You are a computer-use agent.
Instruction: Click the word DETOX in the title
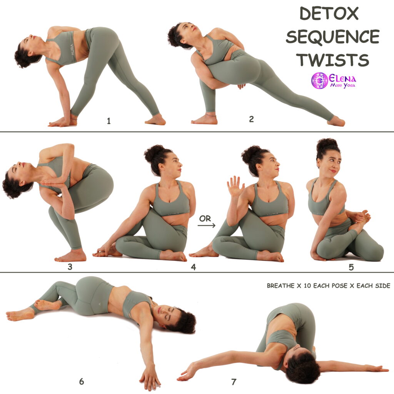click(329, 13)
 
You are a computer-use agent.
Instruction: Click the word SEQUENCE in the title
click(332, 37)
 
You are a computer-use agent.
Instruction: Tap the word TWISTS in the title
click(332, 60)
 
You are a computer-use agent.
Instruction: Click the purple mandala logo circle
click(319, 80)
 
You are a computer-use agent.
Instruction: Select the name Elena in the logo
click(342, 78)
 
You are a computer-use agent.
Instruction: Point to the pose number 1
click(109, 121)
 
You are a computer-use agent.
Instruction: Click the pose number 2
click(251, 119)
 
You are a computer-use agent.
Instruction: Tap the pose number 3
click(70, 267)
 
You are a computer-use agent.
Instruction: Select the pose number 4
click(193, 267)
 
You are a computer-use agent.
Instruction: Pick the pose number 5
click(351, 267)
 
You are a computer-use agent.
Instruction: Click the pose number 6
click(82, 381)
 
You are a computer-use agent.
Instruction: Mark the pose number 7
click(234, 382)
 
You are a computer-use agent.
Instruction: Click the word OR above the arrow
click(205, 219)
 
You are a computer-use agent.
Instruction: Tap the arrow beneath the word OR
click(206, 225)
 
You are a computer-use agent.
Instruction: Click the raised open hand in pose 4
click(235, 186)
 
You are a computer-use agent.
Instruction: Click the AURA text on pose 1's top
click(72, 50)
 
